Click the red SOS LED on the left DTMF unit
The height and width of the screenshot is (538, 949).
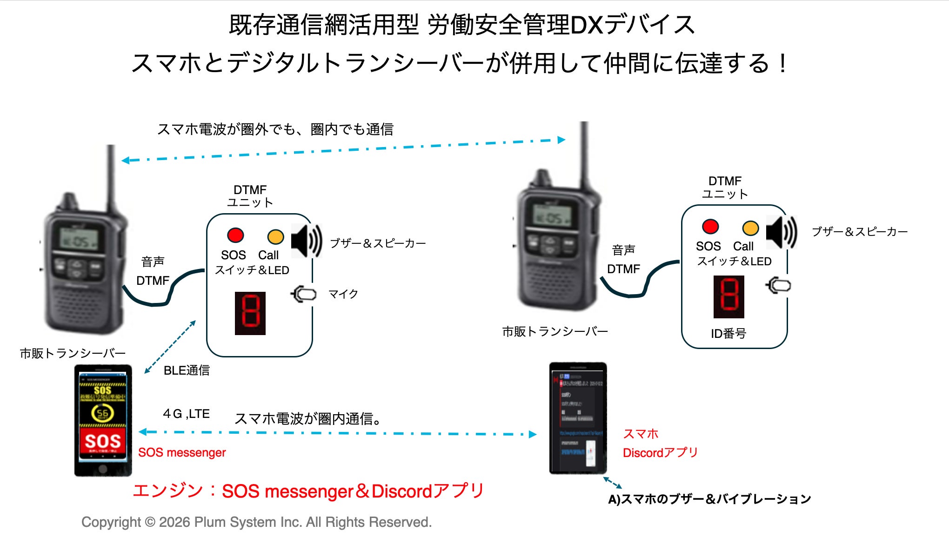235,235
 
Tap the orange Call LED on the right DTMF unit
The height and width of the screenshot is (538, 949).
750,228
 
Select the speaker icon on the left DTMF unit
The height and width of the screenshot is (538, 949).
306,241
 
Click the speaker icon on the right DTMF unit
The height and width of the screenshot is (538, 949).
781,232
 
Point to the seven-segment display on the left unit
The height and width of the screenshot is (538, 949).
250,313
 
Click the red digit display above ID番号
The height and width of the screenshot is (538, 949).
729,297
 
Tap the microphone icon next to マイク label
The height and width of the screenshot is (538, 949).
304,294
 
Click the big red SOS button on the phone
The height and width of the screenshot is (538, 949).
103,441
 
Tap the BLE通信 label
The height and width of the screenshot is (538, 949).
187,370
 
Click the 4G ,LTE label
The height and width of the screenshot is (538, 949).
186,414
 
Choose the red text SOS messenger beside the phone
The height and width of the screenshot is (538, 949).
182,452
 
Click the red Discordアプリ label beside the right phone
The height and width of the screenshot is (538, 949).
660,452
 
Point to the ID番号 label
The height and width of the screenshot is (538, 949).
728,333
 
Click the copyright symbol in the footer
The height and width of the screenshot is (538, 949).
150,522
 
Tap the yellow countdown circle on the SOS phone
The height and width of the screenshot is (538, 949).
102,413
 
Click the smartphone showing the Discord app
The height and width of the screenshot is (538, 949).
578,418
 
